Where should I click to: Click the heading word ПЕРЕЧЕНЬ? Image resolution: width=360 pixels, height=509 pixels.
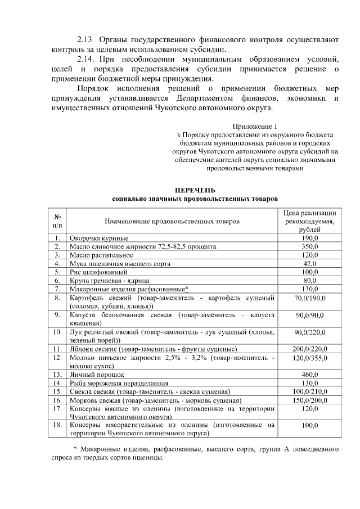[195, 191]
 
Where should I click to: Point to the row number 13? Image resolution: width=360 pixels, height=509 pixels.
[57, 374]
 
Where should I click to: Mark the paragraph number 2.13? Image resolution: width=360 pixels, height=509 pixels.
[88, 40]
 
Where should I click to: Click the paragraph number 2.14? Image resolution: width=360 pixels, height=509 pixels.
[88, 59]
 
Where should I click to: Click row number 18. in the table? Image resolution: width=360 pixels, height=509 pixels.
[57, 425]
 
